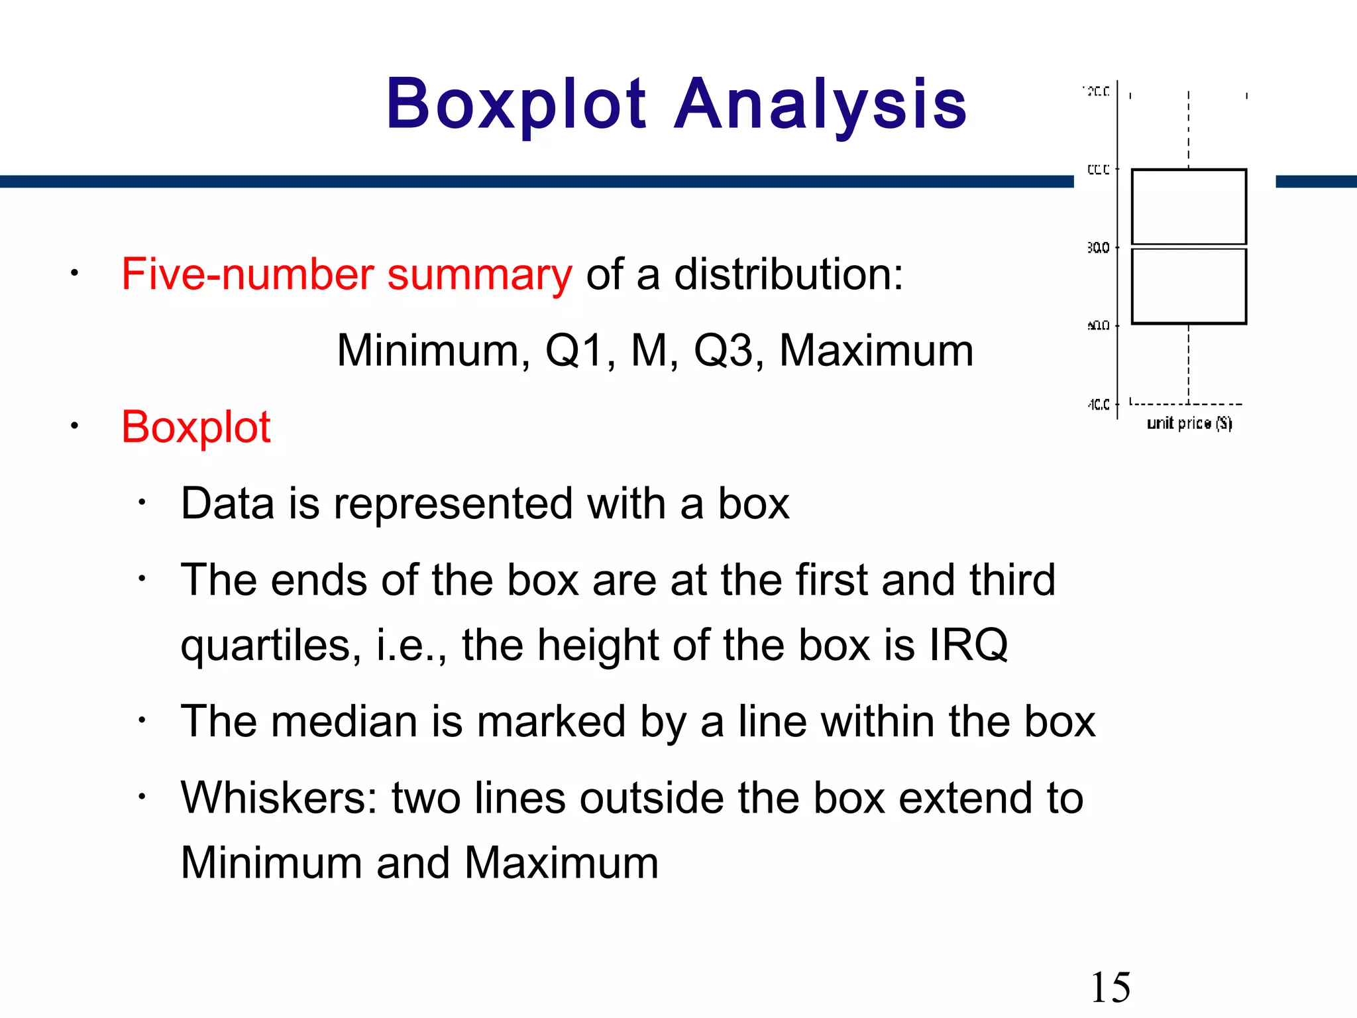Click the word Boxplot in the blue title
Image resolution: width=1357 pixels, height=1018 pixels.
pyautogui.click(x=516, y=104)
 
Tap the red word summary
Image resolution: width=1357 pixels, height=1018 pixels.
pyautogui.click(x=479, y=274)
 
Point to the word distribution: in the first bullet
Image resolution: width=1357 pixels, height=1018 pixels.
pyautogui.click(x=788, y=274)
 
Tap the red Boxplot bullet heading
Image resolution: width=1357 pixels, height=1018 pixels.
pyautogui.click(x=196, y=427)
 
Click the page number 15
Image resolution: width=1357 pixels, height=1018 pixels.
pyautogui.click(x=1110, y=988)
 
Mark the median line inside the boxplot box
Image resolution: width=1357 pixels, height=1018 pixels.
pyautogui.click(x=1189, y=247)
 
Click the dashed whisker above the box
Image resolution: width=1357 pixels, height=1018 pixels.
pyautogui.click(x=1189, y=130)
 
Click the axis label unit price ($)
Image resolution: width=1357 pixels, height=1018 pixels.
pyautogui.click(x=1189, y=423)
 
